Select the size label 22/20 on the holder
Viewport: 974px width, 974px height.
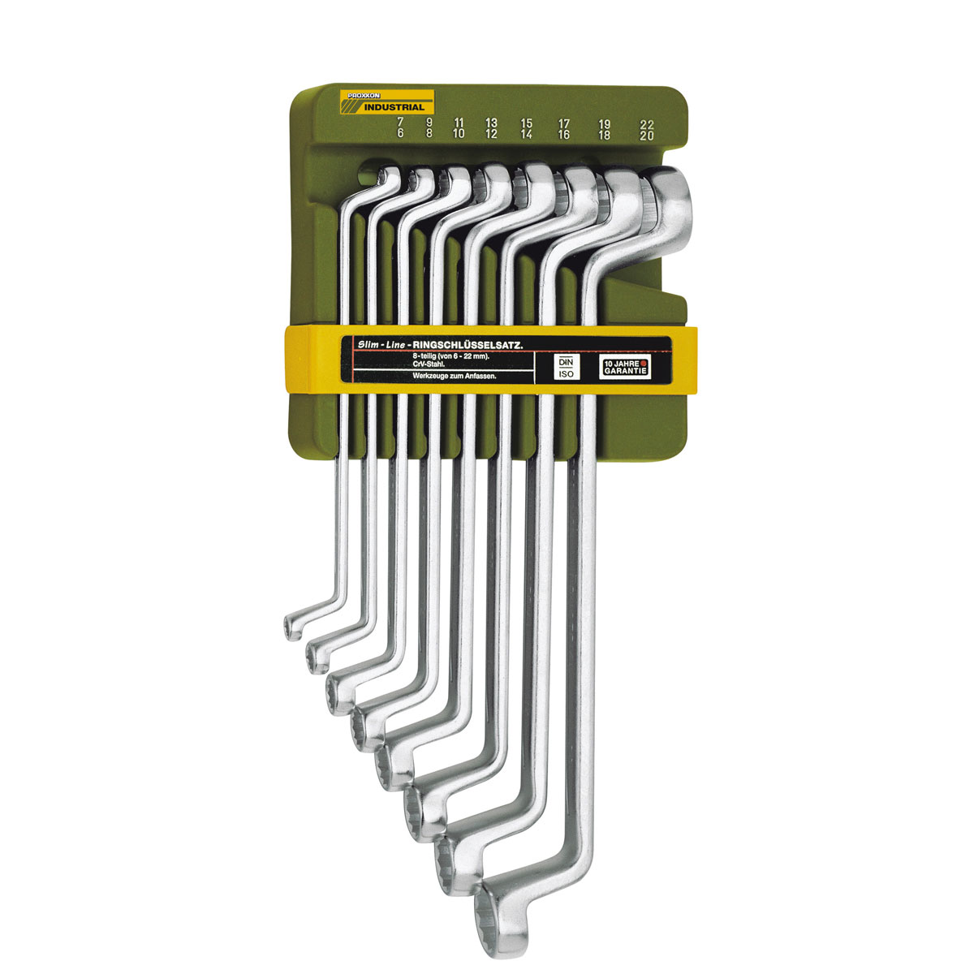[646, 131]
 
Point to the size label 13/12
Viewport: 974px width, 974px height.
[491, 129]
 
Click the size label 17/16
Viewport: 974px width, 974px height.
[563, 131]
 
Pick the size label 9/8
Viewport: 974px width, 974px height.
[429, 129]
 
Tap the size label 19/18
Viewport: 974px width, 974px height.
[604, 131]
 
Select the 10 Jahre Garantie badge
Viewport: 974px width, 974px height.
[630, 366]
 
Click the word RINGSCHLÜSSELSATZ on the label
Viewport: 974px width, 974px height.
[478, 346]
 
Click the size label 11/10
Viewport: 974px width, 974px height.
[459, 129]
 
